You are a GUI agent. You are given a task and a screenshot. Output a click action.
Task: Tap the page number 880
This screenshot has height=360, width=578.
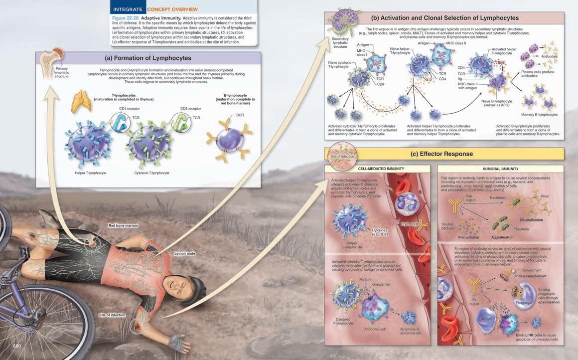(17, 346)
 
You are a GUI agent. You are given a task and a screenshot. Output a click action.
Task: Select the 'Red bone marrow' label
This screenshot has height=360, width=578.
(123, 226)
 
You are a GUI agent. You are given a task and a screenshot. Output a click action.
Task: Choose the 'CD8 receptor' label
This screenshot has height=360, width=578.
(190, 108)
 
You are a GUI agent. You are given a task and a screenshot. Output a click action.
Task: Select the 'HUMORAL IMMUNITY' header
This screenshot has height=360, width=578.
(500, 169)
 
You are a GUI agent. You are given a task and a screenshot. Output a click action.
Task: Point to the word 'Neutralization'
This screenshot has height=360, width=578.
(531, 219)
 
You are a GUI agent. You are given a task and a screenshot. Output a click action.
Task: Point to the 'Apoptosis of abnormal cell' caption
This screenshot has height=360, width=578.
(410, 331)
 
